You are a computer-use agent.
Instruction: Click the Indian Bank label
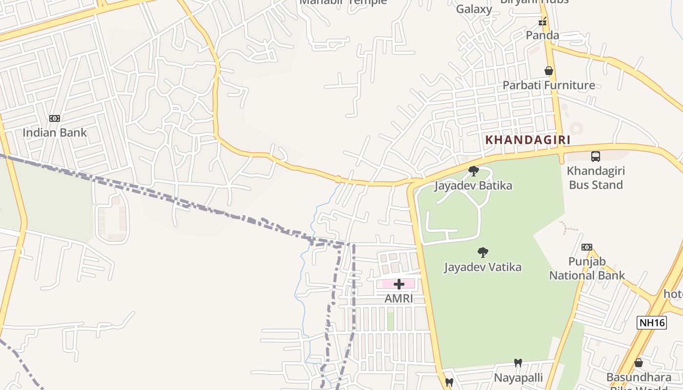click(x=55, y=132)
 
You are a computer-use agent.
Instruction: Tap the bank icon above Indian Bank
click(x=55, y=118)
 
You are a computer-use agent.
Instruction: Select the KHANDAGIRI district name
click(x=527, y=140)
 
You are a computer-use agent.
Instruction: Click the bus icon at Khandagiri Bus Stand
click(x=596, y=156)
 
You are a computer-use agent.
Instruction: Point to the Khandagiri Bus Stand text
click(x=596, y=178)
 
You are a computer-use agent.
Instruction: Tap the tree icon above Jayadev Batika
click(x=473, y=171)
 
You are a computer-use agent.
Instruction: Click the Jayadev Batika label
click(x=473, y=186)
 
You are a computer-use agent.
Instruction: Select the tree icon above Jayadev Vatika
click(x=483, y=253)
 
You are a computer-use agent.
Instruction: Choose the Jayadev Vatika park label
click(x=482, y=267)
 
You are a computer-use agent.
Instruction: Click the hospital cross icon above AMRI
click(x=399, y=284)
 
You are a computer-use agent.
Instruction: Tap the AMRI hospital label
click(x=399, y=298)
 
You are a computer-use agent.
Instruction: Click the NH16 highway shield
click(x=651, y=323)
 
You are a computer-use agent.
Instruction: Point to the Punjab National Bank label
click(x=587, y=268)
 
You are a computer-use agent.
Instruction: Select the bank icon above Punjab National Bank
click(x=587, y=247)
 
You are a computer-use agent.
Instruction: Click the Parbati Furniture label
click(x=549, y=85)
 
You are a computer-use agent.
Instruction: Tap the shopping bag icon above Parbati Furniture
click(x=549, y=71)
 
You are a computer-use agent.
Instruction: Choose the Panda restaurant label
click(x=542, y=35)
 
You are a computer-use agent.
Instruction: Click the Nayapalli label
click(x=518, y=378)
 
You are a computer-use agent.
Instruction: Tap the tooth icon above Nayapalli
click(x=518, y=363)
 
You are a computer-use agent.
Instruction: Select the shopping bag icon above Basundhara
click(x=638, y=363)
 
